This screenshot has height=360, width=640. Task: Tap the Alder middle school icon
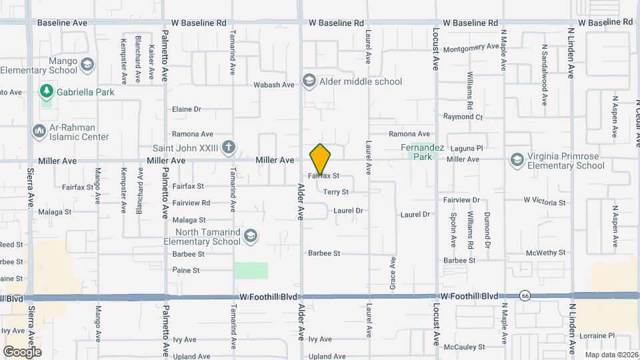coord(309,81)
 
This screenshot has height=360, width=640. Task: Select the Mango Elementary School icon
coord(86,65)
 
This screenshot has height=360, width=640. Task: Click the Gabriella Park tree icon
coord(46,91)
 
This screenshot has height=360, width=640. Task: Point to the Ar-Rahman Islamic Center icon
coord(38,132)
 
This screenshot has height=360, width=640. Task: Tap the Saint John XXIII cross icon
coord(228,147)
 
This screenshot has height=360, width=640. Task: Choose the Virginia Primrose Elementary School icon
coord(517,160)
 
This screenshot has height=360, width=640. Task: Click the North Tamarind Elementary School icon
coord(250,236)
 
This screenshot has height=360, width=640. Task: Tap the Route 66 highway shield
coord(525,295)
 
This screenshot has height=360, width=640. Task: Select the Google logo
coord(22,351)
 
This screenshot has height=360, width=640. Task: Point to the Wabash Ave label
coord(274,85)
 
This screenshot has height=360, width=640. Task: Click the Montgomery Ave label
coord(471,48)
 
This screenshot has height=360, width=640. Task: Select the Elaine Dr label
coord(187,109)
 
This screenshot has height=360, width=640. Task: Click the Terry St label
coord(336,192)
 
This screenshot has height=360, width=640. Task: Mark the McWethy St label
coord(545,253)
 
